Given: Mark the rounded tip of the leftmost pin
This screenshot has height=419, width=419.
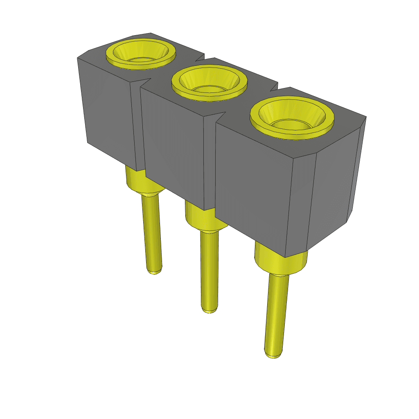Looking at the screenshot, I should pyautogui.click(x=154, y=270).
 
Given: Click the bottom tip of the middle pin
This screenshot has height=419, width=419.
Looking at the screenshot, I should pyautogui.click(x=210, y=310).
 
